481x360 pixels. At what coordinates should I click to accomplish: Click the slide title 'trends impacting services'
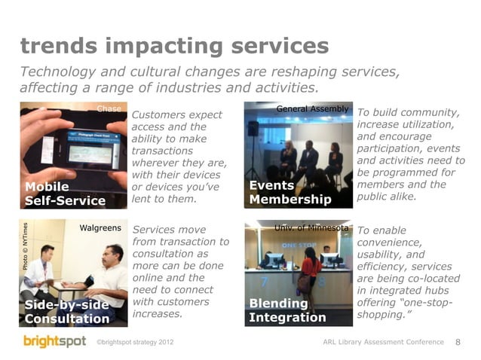174,47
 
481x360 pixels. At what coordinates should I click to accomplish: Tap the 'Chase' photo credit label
109,108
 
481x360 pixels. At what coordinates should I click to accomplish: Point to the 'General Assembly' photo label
312,109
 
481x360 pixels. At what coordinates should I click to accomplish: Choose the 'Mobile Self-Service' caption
65,194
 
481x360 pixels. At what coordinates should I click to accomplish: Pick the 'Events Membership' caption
290,193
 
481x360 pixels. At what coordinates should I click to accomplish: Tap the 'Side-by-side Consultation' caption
66,311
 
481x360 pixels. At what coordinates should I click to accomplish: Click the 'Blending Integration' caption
287,310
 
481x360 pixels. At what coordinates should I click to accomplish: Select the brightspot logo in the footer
54,342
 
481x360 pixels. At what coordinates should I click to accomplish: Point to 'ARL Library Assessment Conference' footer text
383,343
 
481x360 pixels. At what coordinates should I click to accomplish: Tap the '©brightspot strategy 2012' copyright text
136,343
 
